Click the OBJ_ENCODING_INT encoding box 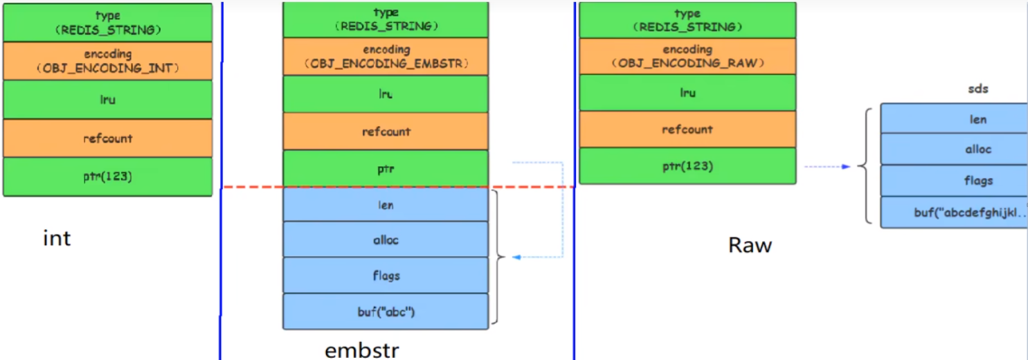tap(108, 61)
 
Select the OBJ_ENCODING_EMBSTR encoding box tap(386, 57)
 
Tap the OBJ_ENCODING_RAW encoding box tap(687, 56)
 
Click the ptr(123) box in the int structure tap(108, 177)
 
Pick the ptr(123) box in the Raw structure tap(687, 165)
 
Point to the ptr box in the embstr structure tap(386, 168)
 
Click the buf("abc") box tap(386, 312)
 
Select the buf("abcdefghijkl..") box tap(954, 212)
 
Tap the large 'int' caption tap(57, 238)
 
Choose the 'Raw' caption tap(750, 245)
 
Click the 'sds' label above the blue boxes tap(978, 89)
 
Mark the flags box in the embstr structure tap(386, 276)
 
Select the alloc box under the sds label tap(954, 150)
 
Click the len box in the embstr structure tap(386, 205)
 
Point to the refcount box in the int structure tap(108, 138)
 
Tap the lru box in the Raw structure tap(687, 93)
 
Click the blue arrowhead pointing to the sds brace tap(846, 167)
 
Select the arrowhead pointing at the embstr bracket tap(516, 257)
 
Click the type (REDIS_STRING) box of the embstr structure tap(386, 19)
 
